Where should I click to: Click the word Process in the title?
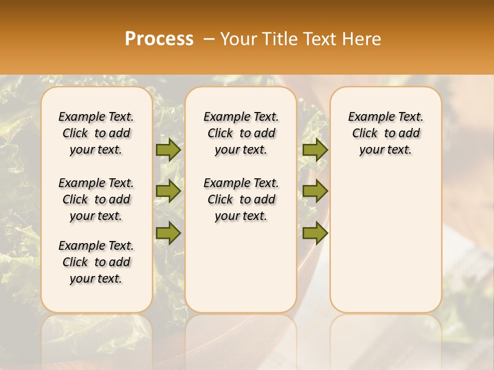(x=159, y=39)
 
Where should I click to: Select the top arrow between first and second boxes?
(x=168, y=150)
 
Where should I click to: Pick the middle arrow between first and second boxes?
(x=168, y=191)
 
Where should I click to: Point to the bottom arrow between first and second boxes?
(x=168, y=233)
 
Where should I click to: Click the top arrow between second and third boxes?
(x=315, y=150)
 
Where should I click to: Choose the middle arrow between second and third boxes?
(x=315, y=191)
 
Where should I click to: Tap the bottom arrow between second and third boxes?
(x=315, y=233)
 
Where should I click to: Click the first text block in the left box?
(x=96, y=133)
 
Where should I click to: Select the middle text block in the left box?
(x=96, y=199)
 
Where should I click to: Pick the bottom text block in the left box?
(x=96, y=262)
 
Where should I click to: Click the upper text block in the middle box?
(x=241, y=133)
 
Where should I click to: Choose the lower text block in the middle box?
(x=241, y=199)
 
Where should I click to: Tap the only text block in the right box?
(x=386, y=133)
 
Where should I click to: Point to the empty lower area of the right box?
(x=386, y=236)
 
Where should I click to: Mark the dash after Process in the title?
(x=208, y=39)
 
